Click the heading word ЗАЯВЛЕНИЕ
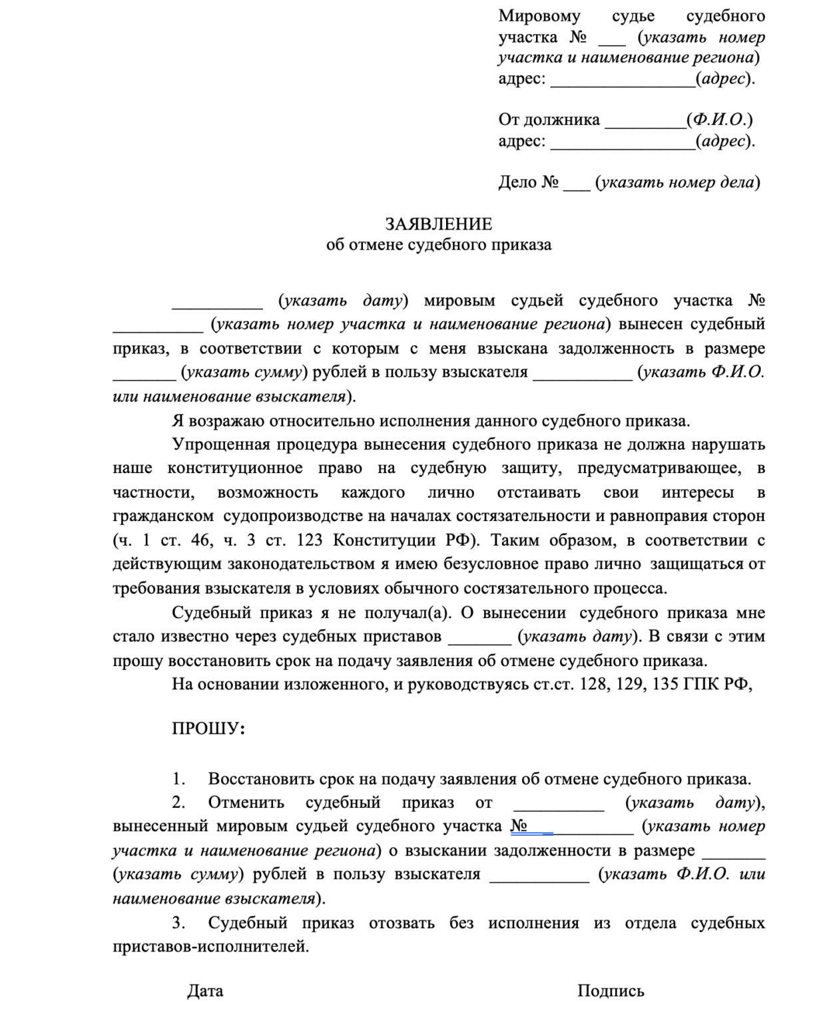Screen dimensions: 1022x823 (x=438, y=224)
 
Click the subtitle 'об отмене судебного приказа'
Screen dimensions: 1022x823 (x=438, y=245)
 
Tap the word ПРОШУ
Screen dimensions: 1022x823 (x=206, y=729)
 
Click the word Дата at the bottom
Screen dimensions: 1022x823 (x=205, y=991)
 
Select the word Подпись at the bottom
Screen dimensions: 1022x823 (x=611, y=991)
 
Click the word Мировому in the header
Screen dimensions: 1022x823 (x=539, y=16)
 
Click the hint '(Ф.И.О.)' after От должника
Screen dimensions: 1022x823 (x=722, y=120)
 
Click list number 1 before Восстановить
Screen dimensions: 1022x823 (x=178, y=778)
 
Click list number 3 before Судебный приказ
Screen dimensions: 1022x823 (x=178, y=923)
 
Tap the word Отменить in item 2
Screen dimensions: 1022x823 (x=246, y=802)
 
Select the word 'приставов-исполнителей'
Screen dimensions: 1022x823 (x=210, y=946)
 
